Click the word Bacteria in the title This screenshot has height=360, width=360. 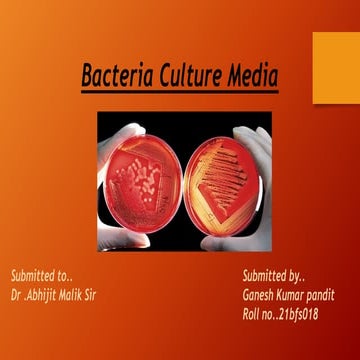coord(117,75)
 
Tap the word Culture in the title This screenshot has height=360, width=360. coord(188,75)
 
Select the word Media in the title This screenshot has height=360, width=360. coord(251,75)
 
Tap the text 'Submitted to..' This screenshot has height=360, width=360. coord(41,274)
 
